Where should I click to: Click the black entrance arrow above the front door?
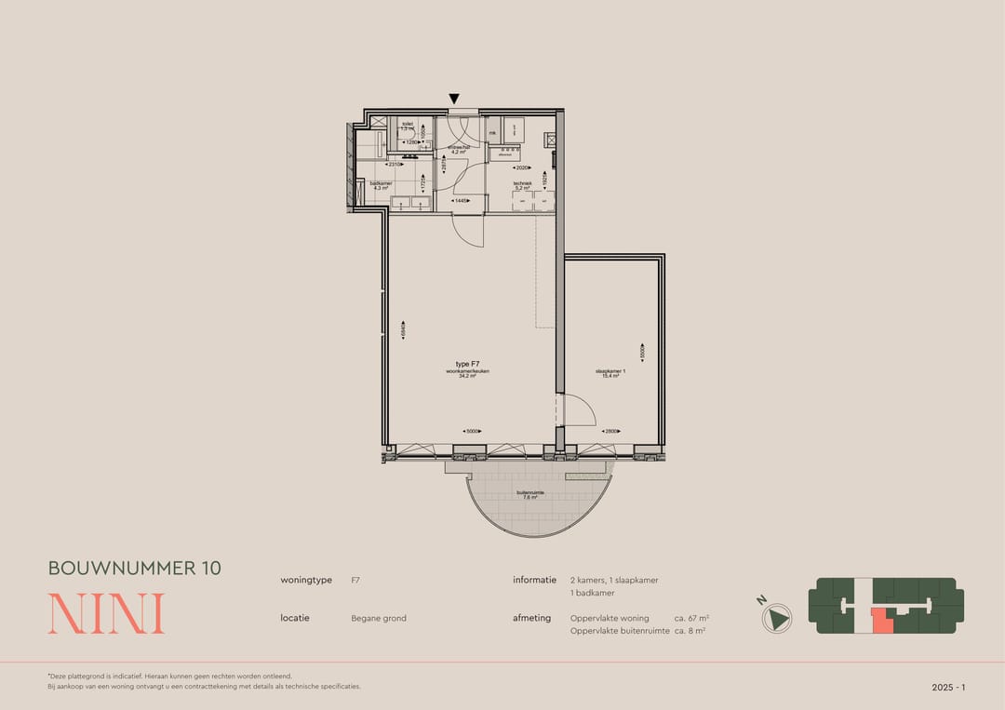click(x=454, y=99)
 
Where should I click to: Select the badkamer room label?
click(x=381, y=185)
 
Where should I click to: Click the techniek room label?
click(x=522, y=185)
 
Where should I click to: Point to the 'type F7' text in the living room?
click(x=467, y=364)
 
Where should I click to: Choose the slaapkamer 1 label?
click(x=610, y=373)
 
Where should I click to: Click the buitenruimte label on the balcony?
click(x=529, y=494)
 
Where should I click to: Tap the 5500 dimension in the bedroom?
click(x=642, y=353)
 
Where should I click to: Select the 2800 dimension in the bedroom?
click(x=610, y=432)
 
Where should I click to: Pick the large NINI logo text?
click(x=106, y=614)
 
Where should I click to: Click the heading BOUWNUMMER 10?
click(x=135, y=568)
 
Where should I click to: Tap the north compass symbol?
click(x=778, y=617)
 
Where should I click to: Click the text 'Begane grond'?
click(x=379, y=618)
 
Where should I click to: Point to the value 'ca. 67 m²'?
click(x=691, y=618)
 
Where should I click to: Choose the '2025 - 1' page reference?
click(x=948, y=687)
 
